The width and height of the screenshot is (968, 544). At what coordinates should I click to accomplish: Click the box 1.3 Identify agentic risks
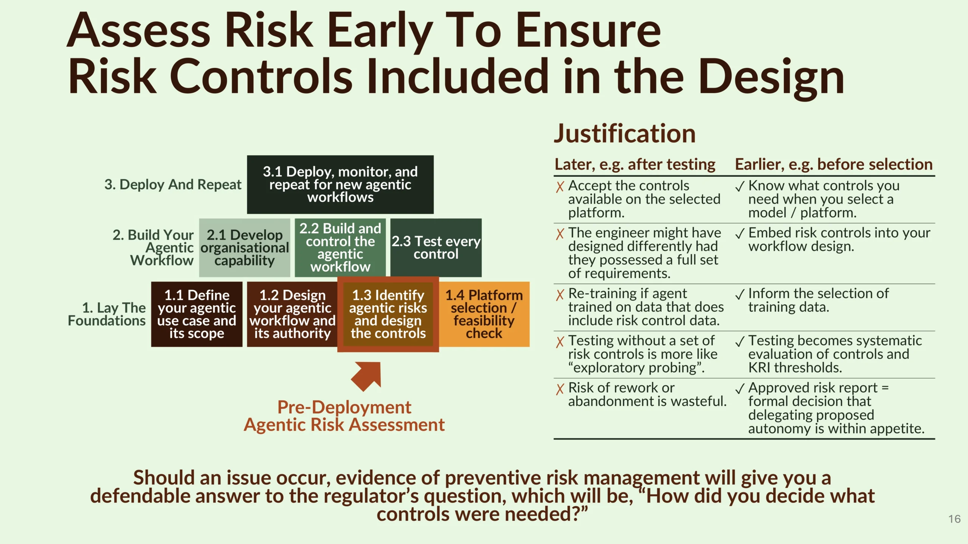(x=388, y=314)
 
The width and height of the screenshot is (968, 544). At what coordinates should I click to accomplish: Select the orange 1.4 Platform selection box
(x=484, y=314)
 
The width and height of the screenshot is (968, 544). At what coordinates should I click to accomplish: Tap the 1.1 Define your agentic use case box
(x=197, y=314)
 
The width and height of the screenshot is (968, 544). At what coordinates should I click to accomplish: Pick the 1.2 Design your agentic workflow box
(x=292, y=314)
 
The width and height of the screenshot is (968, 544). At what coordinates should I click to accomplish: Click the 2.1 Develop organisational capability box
(x=245, y=247)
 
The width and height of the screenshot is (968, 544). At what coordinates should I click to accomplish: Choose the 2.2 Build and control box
(x=340, y=247)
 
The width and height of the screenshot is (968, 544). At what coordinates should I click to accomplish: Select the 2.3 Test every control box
(x=436, y=247)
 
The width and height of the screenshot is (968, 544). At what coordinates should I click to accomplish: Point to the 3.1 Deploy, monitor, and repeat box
(x=340, y=184)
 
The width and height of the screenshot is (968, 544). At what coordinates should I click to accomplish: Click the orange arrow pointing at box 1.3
(x=366, y=376)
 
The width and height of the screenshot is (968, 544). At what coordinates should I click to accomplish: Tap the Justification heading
(x=625, y=134)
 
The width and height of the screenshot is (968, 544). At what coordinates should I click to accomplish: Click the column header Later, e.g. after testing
(x=635, y=165)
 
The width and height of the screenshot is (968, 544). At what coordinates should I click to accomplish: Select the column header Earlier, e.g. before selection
(x=834, y=165)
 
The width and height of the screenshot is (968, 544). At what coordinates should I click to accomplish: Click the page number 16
(x=954, y=519)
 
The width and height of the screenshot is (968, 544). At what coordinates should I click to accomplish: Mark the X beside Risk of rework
(x=560, y=389)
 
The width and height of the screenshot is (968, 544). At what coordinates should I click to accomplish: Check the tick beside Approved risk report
(x=740, y=388)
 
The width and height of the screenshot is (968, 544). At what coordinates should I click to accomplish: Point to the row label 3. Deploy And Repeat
(x=173, y=185)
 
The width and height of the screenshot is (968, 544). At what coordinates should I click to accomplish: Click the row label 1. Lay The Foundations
(x=107, y=314)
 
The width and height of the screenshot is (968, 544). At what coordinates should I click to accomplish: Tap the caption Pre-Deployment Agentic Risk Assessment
(x=344, y=416)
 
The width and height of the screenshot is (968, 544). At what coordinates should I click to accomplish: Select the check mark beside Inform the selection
(x=740, y=294)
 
